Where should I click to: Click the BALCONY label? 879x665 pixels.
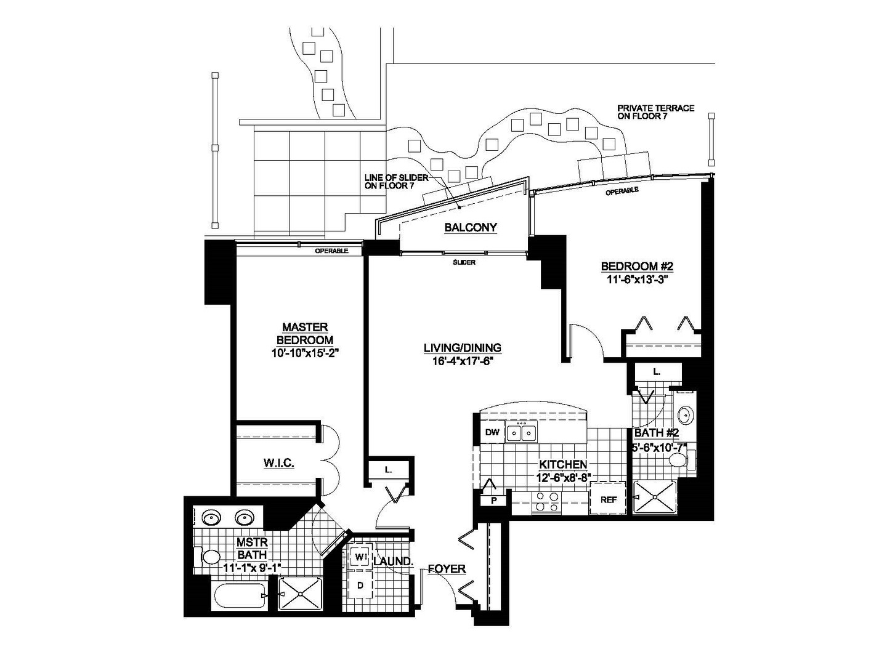pos(471,228)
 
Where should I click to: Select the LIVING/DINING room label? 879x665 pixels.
pos(463,348)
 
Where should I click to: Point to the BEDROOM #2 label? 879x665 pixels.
pos(638,266)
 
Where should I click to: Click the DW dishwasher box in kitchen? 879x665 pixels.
pos(492,432)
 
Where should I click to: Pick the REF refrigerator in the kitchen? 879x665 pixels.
pos(609,499)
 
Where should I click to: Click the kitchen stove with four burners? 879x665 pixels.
pos(546,502)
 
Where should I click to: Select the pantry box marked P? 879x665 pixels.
pos(494,500)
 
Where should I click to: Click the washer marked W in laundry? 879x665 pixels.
pos(360,557)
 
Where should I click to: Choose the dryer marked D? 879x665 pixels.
pos(360,585)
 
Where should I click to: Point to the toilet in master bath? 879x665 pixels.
pos(207,557)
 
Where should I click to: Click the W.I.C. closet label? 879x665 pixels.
pos(278,463)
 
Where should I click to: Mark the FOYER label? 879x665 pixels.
pos(447,569)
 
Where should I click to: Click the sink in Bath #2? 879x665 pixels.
pos(686,416)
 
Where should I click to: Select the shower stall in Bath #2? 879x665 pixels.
pos(654,497)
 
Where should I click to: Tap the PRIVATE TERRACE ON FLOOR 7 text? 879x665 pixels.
pos(655,112)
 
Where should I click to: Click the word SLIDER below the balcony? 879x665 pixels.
pos(464,262)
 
